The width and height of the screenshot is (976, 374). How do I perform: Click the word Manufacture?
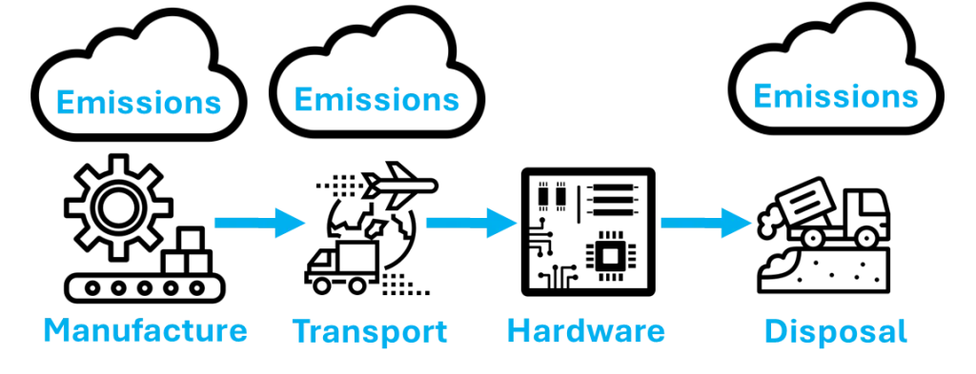click(146, 331)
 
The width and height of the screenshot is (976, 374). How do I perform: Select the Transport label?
click(370, 332)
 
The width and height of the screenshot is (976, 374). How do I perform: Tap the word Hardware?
click(585, 332)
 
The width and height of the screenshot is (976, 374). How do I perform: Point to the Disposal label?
click(835, 332)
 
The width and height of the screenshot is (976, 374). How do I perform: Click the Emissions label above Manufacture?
click(138, 102)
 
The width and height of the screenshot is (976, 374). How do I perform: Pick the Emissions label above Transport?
click(376, 100)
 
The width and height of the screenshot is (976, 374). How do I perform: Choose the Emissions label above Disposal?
click(838, 98)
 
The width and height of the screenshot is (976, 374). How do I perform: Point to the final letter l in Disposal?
click(901, 332)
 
